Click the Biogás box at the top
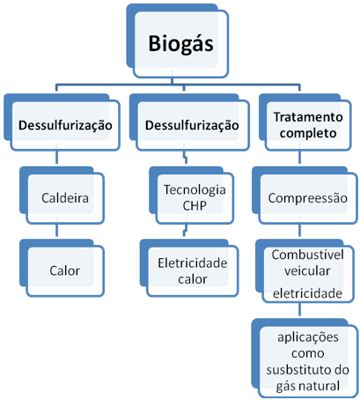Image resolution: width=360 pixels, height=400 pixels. coord(178,41)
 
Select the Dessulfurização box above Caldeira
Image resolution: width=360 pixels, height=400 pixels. coord(62,122)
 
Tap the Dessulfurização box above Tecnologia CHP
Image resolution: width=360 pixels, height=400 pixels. coord(189,122)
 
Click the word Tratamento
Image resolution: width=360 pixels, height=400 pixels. coord(308,117)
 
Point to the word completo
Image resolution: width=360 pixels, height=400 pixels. coord(308,133)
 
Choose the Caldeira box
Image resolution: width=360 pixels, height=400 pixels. coord(62,196)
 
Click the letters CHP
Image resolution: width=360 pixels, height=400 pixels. coord(195,205)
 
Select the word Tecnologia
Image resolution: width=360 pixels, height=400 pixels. coord(195,189)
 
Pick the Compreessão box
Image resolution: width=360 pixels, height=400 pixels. coord(305,196)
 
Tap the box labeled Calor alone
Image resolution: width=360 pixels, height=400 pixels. coord(62,268)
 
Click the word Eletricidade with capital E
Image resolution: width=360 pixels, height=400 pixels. coord(193,263)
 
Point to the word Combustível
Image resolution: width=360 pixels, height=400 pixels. coord(307,255)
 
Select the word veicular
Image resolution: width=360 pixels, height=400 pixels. coord(307,270)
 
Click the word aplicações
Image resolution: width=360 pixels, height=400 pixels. coord(308,337)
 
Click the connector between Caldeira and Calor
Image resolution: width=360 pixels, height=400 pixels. coord(56,230)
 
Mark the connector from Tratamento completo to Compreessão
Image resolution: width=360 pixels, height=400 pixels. coord(299,158)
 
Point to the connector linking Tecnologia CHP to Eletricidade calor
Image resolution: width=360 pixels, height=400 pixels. coord(185,230)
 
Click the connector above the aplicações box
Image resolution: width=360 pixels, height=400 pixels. coord(299,309)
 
